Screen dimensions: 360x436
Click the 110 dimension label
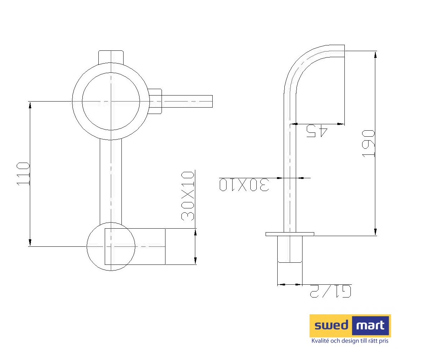[x=23, y=174]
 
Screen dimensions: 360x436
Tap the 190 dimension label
[x=369, y=144]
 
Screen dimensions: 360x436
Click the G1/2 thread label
[x=331, y=291]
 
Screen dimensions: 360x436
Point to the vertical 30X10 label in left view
[x=188, y=196]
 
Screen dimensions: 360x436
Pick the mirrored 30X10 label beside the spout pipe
[x=244, y=185]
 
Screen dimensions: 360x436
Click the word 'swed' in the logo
[x=331, y=325]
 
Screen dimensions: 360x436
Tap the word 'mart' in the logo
[x=370, y=325]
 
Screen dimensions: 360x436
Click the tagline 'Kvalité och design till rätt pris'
[x=350, y=341]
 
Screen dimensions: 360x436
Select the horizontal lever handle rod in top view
[x=187, y=102]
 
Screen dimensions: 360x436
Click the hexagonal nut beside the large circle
[x=155, y=102]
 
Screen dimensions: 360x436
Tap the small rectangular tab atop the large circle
[x=111, y=56]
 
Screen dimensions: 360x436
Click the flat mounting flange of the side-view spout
[x=290, y=234]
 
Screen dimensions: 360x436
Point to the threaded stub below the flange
[x=290, y=249]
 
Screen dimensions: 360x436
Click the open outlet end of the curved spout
[x=344, y=51]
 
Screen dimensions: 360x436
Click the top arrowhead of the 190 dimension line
[x=376, y=54]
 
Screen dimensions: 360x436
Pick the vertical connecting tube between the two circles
[x=111, y=181]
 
